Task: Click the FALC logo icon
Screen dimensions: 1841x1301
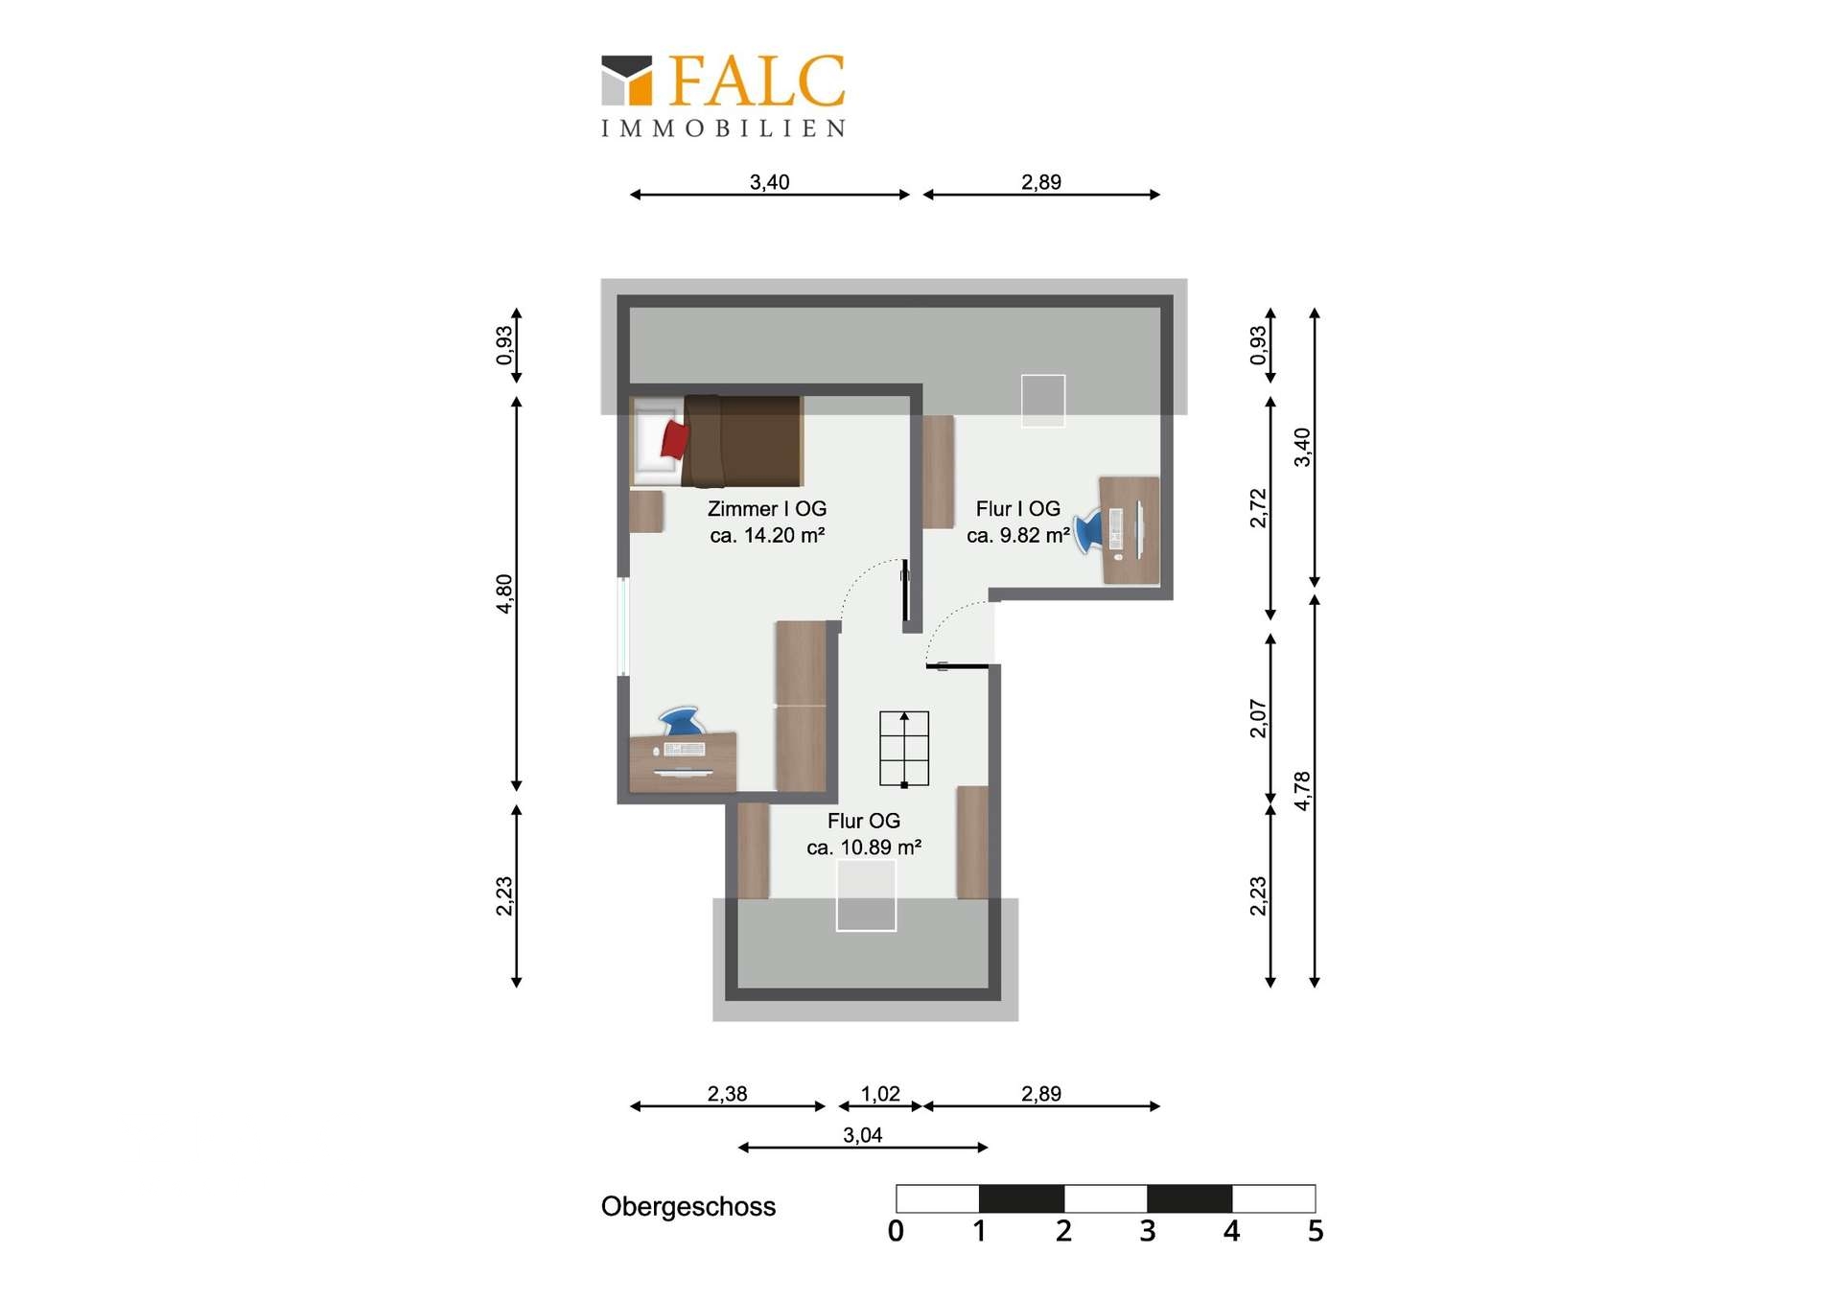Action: click(626, 80)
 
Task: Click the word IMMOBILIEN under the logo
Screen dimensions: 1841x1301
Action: click(724, 128)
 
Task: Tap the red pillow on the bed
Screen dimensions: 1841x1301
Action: click(675, 439)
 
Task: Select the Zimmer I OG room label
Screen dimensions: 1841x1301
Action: click(767, 509)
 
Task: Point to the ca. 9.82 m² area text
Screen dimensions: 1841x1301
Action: click(1018, 535)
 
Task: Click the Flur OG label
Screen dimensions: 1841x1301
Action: click(864, 821)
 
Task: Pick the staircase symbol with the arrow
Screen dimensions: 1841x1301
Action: click(904, 749)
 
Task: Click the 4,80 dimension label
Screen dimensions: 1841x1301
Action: click(504, 592)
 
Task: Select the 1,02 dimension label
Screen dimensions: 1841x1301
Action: click(880, 1094)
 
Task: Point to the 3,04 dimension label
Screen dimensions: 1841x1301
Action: click(863, 1135)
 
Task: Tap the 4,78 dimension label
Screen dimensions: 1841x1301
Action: click(1301, 791)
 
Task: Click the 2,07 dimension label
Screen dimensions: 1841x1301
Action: click(1258, 718)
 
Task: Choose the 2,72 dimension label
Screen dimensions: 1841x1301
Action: click(1258, 508)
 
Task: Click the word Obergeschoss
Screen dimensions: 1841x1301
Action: click(688, 1207)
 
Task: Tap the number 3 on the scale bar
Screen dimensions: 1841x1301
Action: click(1148, 1231)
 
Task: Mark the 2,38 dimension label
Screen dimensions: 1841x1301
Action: click(728, 1094)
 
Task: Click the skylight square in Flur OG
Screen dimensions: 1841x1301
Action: click(866, 895)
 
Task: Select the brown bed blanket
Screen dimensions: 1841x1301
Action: click(743, 441)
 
